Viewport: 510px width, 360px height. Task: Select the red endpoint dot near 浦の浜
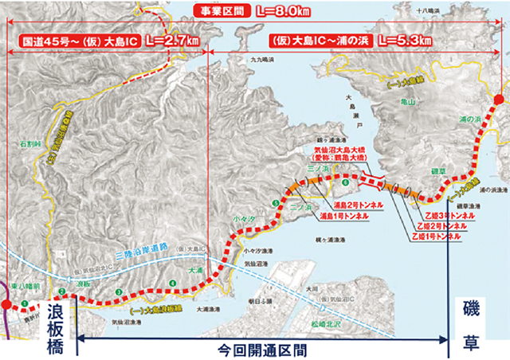tap(499, 99)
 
